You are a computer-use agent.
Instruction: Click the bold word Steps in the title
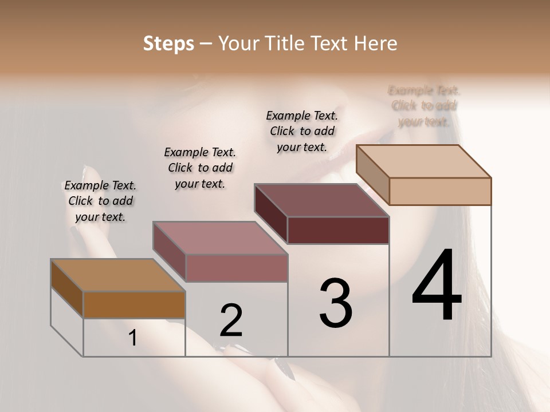[168, 43]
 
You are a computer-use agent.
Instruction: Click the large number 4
[437, 286]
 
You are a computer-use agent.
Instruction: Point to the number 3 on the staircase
[336, 303]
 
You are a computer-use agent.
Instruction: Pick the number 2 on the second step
[231, 320]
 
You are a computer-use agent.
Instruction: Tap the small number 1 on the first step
[133, 338]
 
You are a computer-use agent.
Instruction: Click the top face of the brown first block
[117, 275]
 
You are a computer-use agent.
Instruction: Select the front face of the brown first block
[134, 304]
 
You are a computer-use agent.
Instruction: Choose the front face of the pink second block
[236, 268]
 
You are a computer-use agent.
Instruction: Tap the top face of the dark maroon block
[321, 200]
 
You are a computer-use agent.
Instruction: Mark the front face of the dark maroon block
[338, 230]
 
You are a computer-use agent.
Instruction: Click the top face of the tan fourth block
[423, 161]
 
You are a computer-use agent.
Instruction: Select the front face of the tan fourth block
[440, 191]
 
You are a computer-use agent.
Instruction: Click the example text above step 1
[100, 201]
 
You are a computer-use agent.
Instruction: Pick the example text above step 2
[200, 168]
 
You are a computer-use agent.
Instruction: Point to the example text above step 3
[302, 131]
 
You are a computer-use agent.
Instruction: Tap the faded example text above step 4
[424, 106]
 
